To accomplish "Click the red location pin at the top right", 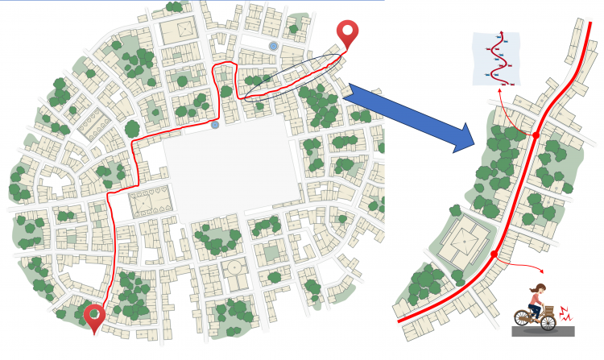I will [x=348, y=31].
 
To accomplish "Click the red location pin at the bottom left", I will [x=95, y=317].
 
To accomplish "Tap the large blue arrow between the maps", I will [x=411, y=118].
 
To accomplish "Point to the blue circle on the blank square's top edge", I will [x=214, y=125].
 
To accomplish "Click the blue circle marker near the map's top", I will [x=275, y=46].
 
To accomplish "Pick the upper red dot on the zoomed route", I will [x=536, y=134].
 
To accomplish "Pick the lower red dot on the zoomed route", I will [x=494, y=254].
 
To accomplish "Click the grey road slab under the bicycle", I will [x=544, y=331].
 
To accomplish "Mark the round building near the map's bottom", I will [x=235, y=267].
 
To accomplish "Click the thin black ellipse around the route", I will [x=293, y=77].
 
